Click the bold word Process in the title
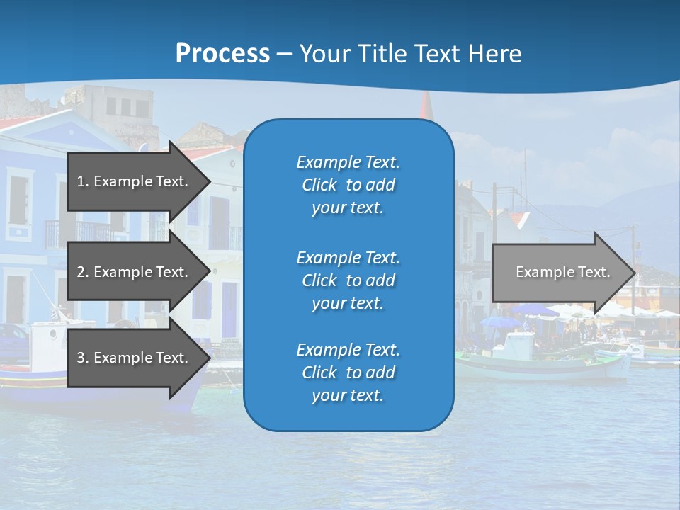(x=222, y=54)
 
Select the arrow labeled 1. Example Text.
(x=135, y=181)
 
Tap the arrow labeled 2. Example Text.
(x=135, y=272)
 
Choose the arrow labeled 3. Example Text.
(x=135, y=358)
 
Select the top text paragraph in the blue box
(x=348, y=185)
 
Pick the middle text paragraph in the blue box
(x=348, y=280)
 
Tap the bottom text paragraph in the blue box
(x=348, y=373)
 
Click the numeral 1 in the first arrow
(x=81, y=181)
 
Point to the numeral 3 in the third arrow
(x=81, y=358)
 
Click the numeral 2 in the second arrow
(x=81, y=272)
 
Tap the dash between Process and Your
(x=285, y=55)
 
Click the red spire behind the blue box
(x=426, y=106)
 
